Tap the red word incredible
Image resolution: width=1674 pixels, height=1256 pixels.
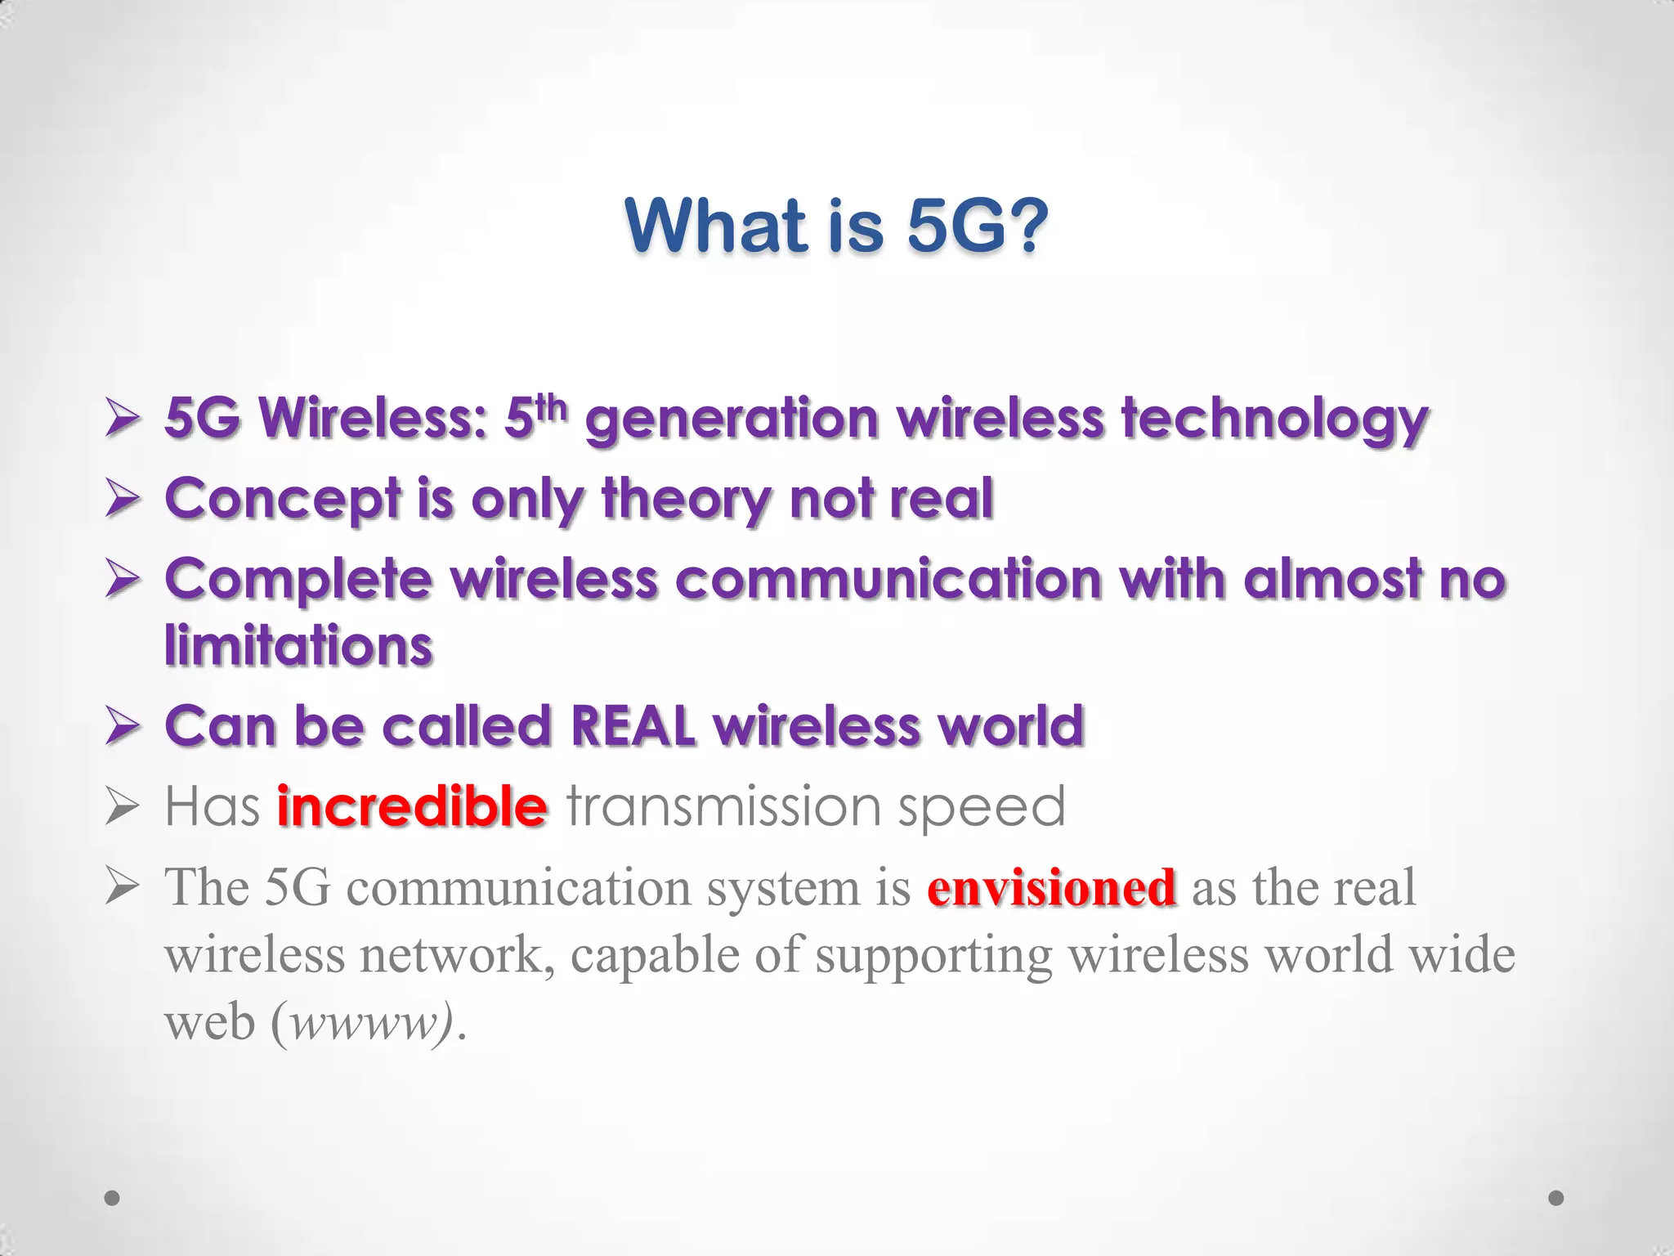(x=411, y=806)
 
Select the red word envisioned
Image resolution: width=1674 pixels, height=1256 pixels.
(x=1051, y=888)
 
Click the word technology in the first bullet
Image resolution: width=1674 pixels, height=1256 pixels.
(x=1274, y=419)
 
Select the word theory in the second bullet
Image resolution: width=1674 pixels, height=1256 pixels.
(x=686, y=500)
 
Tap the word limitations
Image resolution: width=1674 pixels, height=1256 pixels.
(x=298, y=646)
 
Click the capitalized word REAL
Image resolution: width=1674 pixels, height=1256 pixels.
(x=633, y=726)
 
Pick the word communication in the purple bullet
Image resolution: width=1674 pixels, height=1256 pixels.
(x=888, y=581)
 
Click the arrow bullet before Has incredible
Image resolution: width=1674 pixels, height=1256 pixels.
(x=123, y=808)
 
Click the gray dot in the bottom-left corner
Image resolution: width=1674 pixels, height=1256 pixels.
(x=113, y=1198)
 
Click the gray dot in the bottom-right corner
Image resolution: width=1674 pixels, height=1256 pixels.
(x=1556, y=1198)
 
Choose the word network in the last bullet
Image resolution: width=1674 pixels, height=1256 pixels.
(x=450, y=955)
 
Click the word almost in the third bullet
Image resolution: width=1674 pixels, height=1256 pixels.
(x=1332, y=581)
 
